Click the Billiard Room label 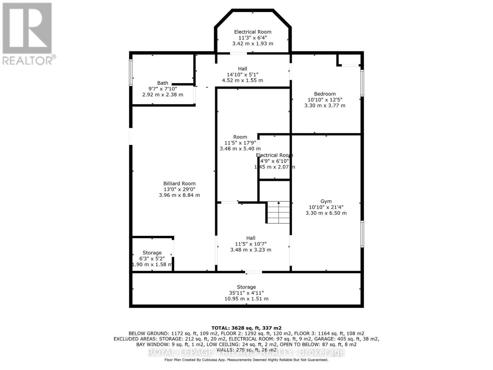pyautogui.click(x=179, y=183)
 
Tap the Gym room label pyautogui.click(x=326, y=201)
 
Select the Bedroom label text pyautogui.click(x=325, y=94)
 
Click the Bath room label pyautogui.click(x=163, y=83)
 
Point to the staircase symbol pyautogui.click(x=279, y=212)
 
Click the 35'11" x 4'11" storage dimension pyautogui.click(x=246, y=293)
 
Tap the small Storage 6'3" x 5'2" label pyautogui.click(x=152, y=253)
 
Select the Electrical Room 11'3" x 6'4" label pyautogui.click(x=253, y=32)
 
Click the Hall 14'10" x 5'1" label pyautogui.click(x=242, y=69)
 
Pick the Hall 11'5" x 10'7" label pyautogui.click(x=251, y=238)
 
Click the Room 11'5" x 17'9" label pyautogui.click(x=240, y=137)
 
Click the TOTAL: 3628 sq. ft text pyautogui.click(x=246, y=328)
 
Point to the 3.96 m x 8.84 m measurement pyautogui.click(x=179, y=195)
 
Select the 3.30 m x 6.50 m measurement pyautogui.click(x=326, y=213)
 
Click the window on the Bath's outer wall pyautogui.click(x=131, y=72)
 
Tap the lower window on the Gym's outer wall pyautogui.click(x=362, y=234)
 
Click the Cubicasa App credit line pyautogui.click(x=246, y=360)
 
